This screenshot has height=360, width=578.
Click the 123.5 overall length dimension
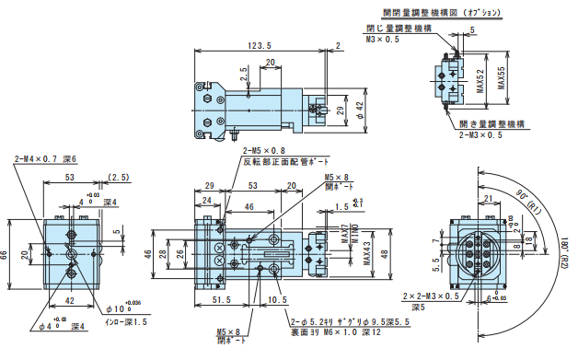pyautogui.click(x=260, y=46)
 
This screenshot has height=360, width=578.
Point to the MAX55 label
pyautogui.click(x=502, y=79)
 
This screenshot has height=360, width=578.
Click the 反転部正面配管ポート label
pyautogui.click(x=276, y=161)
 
